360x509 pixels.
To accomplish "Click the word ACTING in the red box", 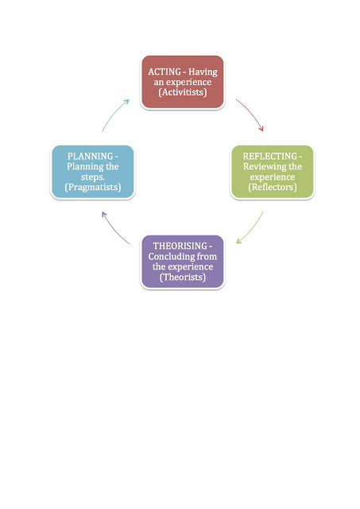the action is [x=165, y=72].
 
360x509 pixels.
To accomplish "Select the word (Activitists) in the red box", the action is [x=183, y=92].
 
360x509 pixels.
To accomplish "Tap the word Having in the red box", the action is [x=203, y=72].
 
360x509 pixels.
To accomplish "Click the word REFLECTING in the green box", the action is [x=270, y=156].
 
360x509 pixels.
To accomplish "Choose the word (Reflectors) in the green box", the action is [x=273, y=188].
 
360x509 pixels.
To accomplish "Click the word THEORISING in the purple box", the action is [x=180, y=246].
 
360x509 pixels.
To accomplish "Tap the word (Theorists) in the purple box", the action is [x=183, y=278].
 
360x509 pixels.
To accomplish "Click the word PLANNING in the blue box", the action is [x=90, y=156].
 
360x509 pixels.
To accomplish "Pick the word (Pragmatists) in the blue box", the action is [x=93, y=188].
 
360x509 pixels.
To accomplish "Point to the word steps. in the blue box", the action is [x=93, y=177].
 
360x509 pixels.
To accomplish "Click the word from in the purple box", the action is [x=207, y=256].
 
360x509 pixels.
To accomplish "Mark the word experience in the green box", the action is [x=273, y=177].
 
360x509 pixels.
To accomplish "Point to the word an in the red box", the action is [x=159, y=83].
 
